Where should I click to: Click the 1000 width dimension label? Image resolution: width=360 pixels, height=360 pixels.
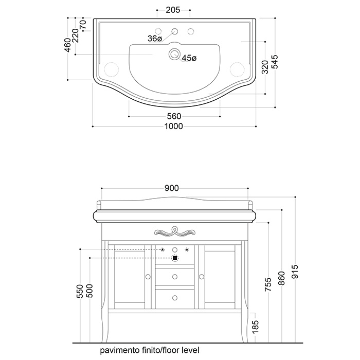tap(174, 127)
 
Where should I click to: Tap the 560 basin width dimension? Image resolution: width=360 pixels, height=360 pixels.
tap(174, 116)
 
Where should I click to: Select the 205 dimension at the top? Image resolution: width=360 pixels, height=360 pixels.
tap(173, 10)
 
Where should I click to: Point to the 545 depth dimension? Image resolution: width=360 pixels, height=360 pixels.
tap(275, 62)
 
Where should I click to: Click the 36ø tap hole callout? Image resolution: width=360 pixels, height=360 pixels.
tap(155, 39)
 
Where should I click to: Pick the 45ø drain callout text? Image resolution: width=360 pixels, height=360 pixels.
tap(189, 58)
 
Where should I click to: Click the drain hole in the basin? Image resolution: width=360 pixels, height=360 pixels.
tap(174, 53)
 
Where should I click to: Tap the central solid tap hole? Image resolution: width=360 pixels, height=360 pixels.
tap(175, 31)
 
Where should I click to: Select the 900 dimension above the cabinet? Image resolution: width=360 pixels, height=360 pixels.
tap(171, 188)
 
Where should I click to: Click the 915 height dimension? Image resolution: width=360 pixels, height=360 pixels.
tap(295, 272)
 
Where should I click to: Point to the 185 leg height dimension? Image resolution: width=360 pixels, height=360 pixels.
tap(255, 326)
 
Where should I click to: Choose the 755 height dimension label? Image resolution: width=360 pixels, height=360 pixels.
tap(268, 284)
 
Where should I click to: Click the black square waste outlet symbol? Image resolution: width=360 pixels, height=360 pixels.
tap(175, 258)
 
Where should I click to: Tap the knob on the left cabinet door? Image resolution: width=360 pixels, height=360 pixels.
tap(148, 277)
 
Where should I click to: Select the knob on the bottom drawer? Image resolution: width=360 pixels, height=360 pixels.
tap(175, 298)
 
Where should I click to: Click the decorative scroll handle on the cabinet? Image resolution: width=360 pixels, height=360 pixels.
tap(175, 231)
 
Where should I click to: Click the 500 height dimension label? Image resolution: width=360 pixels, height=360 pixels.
tap(90, 291)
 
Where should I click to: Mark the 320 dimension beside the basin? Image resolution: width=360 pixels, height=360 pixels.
tap(265, 67)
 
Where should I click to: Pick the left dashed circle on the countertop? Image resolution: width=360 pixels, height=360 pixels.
tap(112, 69)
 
